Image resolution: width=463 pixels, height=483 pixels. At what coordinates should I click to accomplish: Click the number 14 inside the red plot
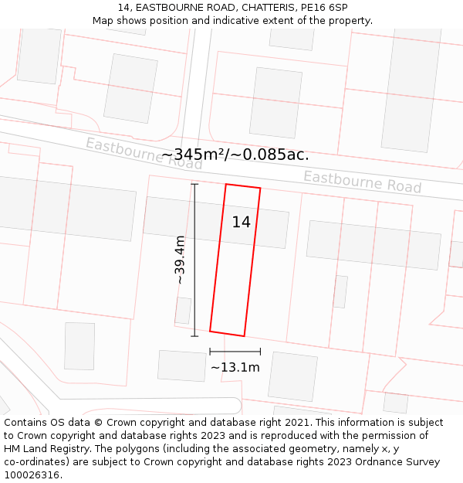[241, 223]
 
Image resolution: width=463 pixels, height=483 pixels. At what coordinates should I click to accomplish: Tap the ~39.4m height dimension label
[180, 260]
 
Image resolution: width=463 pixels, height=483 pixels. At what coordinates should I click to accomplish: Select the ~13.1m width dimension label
[235, 367]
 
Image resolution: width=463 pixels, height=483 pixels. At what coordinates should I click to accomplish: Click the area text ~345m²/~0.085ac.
[235, 155]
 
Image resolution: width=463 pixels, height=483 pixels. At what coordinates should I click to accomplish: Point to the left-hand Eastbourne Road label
[144, 154]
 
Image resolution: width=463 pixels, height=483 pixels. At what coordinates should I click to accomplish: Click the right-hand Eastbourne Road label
[362, 182]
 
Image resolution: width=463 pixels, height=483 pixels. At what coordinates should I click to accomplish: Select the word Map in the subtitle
[103, 21]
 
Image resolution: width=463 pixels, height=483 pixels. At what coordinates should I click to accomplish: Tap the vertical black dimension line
[194, 260]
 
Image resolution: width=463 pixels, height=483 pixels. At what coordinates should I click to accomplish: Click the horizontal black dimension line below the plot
[235, 352]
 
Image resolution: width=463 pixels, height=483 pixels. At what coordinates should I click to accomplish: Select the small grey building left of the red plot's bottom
[183, 311]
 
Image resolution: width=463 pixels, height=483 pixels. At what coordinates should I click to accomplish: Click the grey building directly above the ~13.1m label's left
[182, 366]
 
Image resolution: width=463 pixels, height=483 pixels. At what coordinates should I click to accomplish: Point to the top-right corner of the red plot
[260, 188]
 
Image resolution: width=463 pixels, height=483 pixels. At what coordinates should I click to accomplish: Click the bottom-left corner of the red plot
[210, 332]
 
